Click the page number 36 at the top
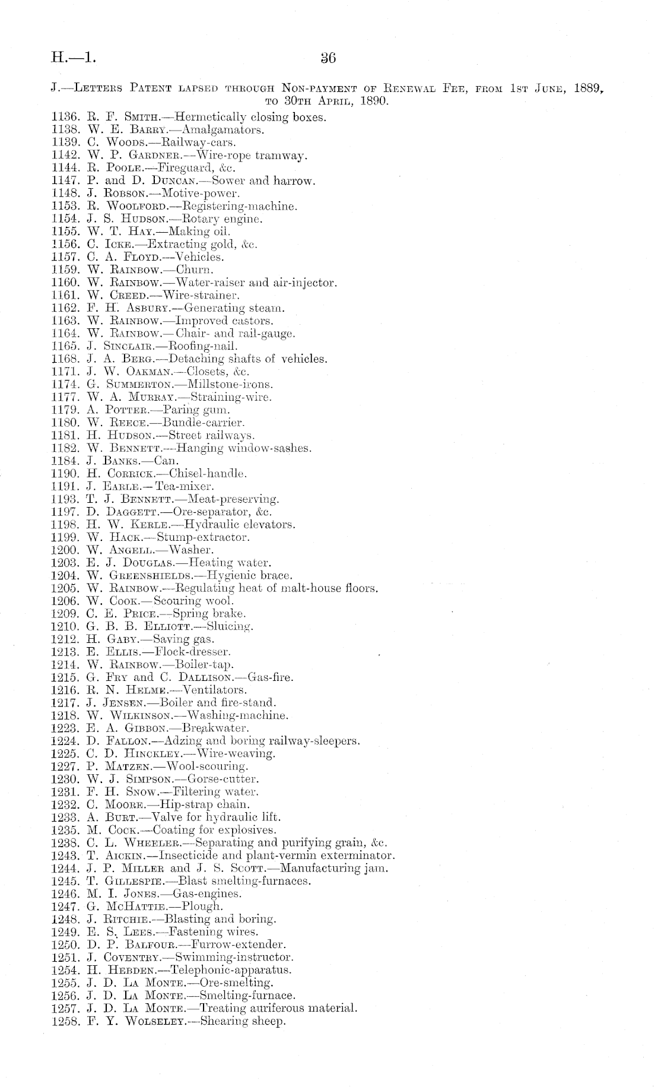coord(328,58)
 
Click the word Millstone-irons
coord(223,385)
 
